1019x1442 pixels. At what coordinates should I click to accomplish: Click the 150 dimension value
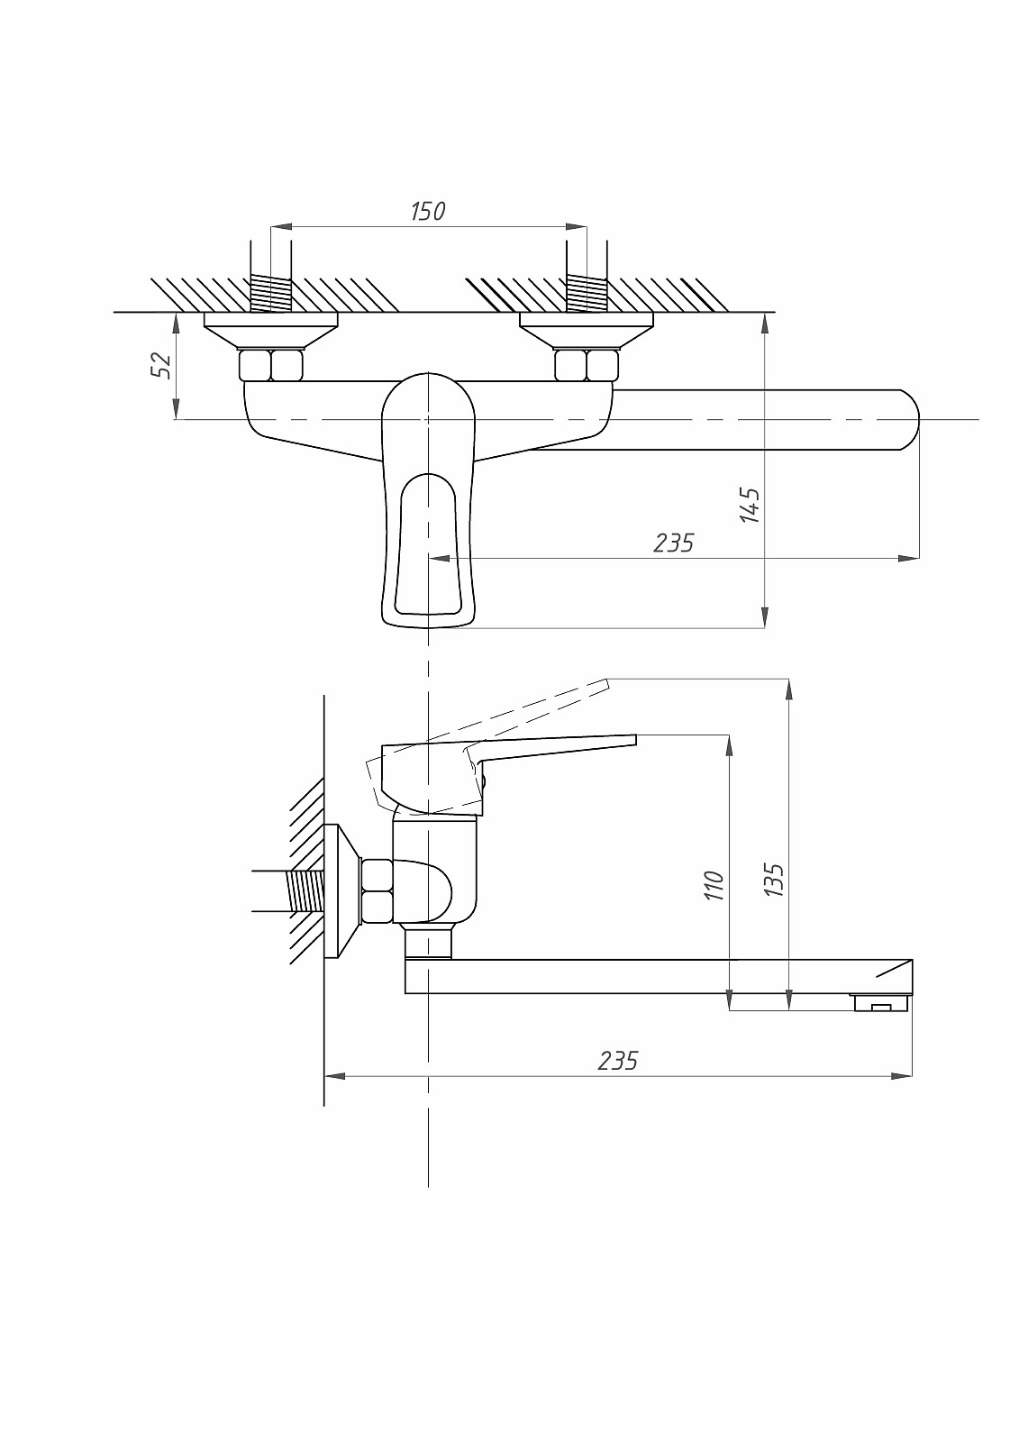click(428, 211)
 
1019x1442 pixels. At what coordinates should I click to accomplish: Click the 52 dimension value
click(163, 366)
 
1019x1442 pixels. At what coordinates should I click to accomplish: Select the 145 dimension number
click(750, 506)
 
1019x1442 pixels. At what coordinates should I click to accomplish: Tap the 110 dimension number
click(714, 885)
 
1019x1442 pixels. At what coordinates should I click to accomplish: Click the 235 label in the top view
click(673, 543)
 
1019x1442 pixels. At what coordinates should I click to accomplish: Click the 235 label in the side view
click(618, 1060)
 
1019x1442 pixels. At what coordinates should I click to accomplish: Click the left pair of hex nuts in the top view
click(271, 365)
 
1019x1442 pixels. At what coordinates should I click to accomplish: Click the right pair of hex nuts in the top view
click(587, 365)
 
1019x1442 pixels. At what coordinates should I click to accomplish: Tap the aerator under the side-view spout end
click(880, 1002)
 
